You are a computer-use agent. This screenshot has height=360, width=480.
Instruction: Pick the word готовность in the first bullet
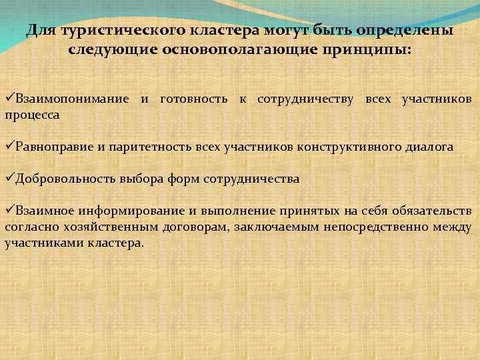(x=195, y=99)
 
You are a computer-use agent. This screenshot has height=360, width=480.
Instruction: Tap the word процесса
(x=32, y=115)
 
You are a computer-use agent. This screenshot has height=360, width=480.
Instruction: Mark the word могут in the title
(x=291, y=31)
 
